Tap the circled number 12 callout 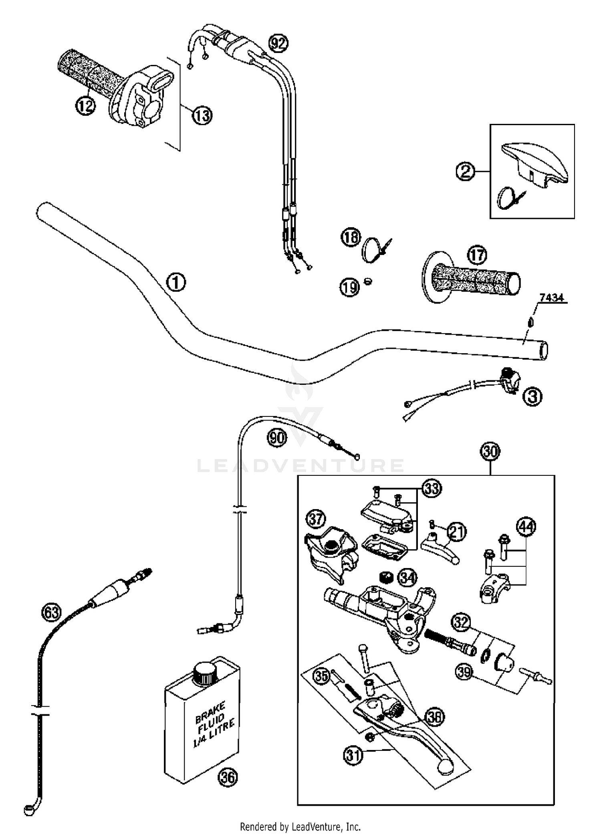tap(85, 106)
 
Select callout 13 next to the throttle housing tap(202, 116)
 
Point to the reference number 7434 tap(551, 297)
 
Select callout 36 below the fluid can tap(228, 777)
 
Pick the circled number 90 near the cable tap(277, 438)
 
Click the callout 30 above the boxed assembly tap(490, 452)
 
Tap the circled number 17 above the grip tap(477, 255)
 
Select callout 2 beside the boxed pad tap(465, 172)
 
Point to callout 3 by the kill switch tap(532, 397)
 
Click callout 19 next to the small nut tap(350, 287)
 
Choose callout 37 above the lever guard tap(316, 520)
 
